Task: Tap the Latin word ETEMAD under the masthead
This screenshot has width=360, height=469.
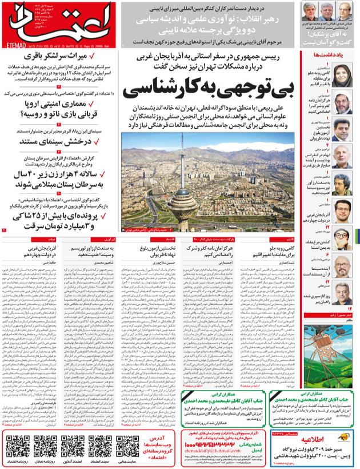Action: [x=16, y=43]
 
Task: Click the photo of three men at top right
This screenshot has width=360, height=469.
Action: [x=331, y=12]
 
